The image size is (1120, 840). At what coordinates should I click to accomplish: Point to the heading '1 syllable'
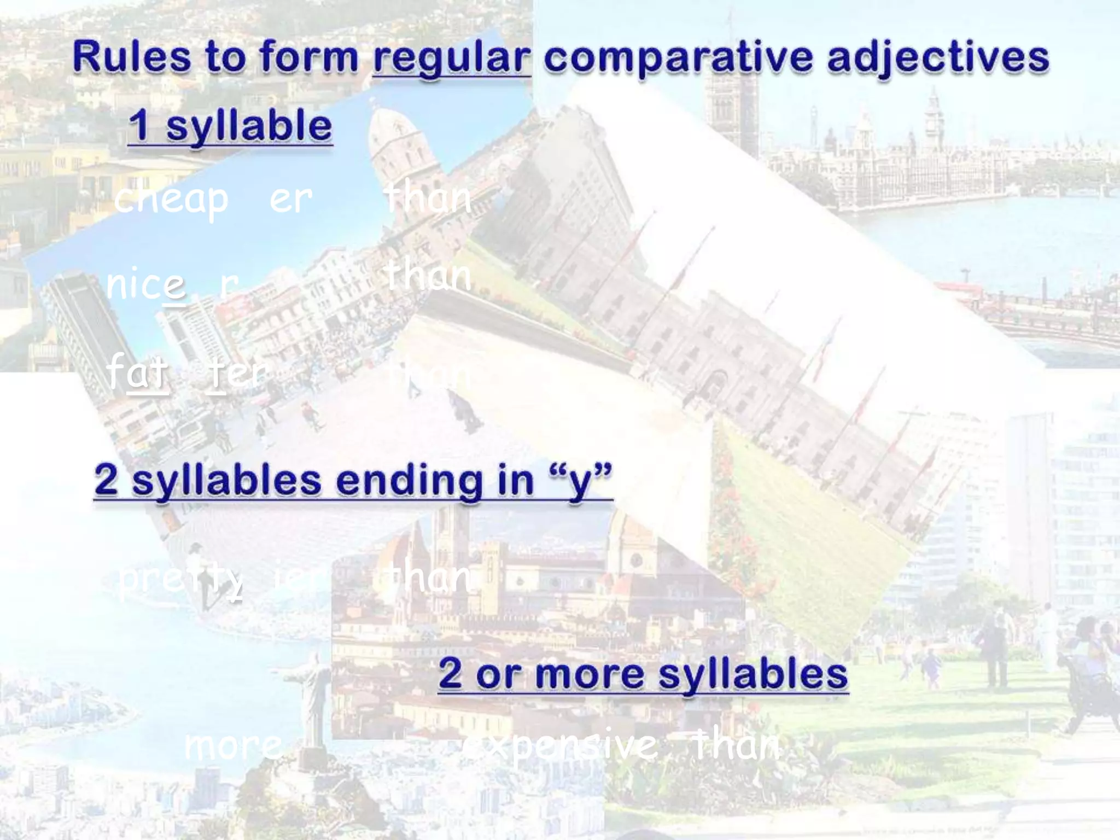click(x=230, y=126)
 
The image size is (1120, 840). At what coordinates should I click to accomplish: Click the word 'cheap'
click(x=171, y=199)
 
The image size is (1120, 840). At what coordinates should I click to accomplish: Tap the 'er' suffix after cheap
click(x=291, y=199)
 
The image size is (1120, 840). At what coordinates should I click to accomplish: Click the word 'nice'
click(x=146, y=284)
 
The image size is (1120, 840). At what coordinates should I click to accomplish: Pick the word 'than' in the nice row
click(x=428, y=276)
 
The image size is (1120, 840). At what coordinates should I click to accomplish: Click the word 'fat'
click(x=138, y=371)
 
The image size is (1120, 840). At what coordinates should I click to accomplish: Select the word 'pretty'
click(x=180, y=580)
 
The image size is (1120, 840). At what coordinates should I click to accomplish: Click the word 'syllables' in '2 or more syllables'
click(x=753, y=674)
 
